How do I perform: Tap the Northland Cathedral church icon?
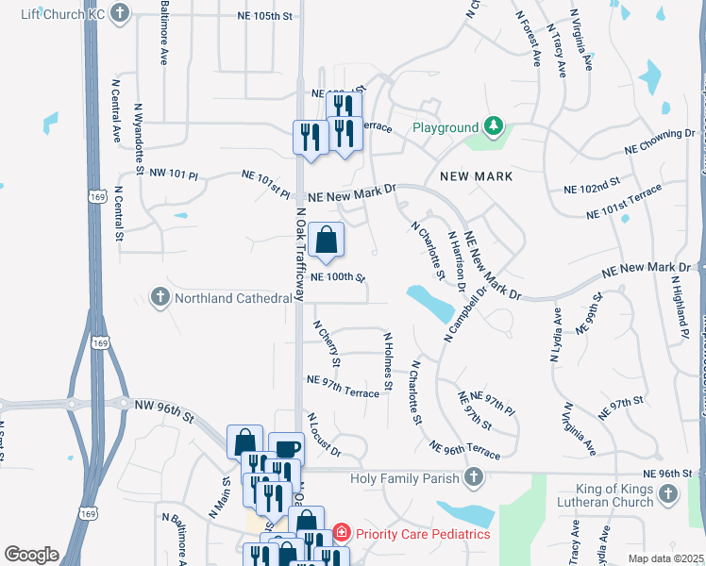tap(160, 298)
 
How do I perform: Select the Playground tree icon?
tap(492, 126)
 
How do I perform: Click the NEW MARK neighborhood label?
tap(476, 176)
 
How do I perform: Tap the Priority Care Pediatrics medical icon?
tap(341, 534)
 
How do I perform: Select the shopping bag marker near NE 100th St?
tap(326, 241)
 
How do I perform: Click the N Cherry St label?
tap(328, 342)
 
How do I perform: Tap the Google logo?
tap(32, 555)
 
